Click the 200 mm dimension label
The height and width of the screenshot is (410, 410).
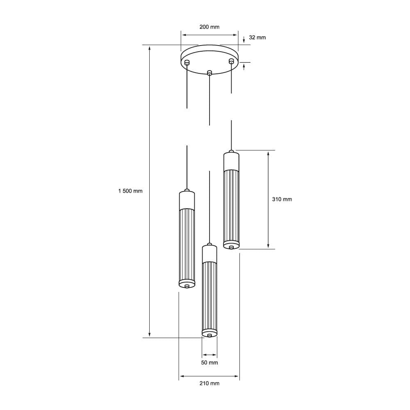(209, 27)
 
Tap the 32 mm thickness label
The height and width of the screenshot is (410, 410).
(257, 38)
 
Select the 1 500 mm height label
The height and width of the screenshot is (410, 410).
(130, 191)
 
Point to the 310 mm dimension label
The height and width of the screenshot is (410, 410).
(282, 199)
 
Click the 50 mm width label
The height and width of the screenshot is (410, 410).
(209, 362)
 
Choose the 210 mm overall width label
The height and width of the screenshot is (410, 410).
(209, 383)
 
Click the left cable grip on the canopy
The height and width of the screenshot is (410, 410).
(187, 63)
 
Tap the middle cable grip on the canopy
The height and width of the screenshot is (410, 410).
(210, 73)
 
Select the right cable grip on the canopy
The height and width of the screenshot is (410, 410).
(231, 61)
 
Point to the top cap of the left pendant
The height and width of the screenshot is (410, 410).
(187, 200)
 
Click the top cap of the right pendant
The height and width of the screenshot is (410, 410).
(231, 161)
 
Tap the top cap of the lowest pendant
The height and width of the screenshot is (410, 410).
(210, 254)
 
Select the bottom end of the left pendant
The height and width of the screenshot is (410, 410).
(187, 284)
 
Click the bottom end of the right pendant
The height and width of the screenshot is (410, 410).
(231, 246)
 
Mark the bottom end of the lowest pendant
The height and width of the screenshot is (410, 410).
(210, 334)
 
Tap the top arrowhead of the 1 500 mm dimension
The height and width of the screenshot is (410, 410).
(150, 48)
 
